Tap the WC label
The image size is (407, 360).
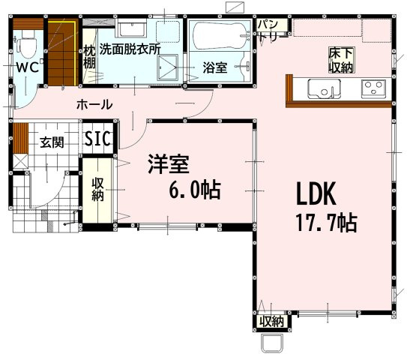coord(28,67)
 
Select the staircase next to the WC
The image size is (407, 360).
coord(62,53)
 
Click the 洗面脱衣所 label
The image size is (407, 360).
coord(130,49)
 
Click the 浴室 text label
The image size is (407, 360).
coord(215,67)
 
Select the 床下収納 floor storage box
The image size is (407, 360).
coord(341,60)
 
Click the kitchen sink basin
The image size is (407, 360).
coord(325,88)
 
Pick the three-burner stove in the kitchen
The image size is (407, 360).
coord(373,88)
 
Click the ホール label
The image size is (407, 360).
coord(94,104)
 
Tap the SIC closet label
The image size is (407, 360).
coord(98,138)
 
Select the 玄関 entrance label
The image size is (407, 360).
coord(52,142)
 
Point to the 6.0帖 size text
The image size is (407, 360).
coord(195,189)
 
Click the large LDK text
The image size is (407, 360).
coord(316,193)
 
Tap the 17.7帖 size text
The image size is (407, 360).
coord(327,223)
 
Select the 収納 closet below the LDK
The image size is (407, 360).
coord(272,322)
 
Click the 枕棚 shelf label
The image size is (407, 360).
coord(89,57)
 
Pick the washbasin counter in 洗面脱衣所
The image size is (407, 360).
coord(133,28)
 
